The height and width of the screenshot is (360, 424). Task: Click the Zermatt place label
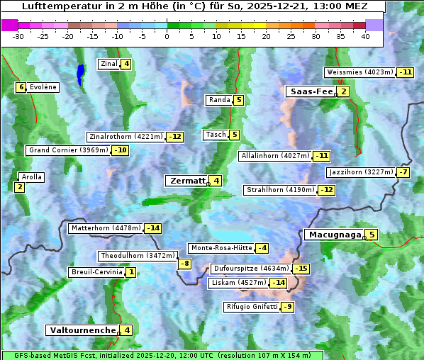point(187,181)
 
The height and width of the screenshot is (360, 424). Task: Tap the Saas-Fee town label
point(311,91)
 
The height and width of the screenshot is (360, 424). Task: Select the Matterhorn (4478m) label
point(106,228)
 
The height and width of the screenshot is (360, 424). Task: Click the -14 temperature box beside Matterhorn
point(152,228)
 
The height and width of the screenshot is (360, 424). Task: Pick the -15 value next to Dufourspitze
point(301,269)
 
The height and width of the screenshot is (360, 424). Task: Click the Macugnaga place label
point(334,235)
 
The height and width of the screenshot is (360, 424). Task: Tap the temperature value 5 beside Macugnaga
point(372,235)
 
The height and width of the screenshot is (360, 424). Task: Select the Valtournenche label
point(82,330)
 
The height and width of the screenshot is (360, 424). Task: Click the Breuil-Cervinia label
point(96,272)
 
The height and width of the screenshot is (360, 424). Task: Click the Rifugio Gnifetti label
point(251,307)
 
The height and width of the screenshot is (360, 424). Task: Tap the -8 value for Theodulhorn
point(184,264)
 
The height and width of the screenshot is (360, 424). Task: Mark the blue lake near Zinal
point(80,74)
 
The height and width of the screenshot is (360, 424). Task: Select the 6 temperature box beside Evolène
point(21,87)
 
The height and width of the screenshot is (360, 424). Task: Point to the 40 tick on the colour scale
point(365,37)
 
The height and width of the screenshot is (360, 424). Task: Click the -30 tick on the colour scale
point(18,37)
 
